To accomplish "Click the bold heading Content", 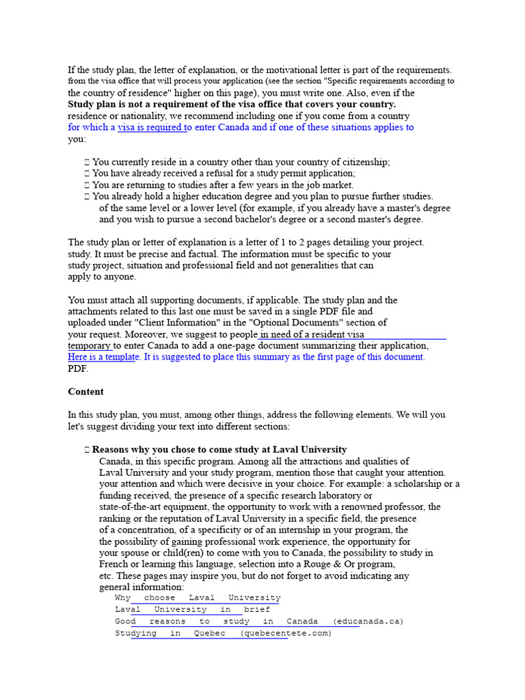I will [86, 392].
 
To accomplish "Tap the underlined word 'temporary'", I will [89, 346].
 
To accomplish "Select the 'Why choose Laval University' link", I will [198, 598].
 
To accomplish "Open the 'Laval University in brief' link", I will [192, 610].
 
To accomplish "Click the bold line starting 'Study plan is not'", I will [232, 105].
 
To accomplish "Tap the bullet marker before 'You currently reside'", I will [87, 163].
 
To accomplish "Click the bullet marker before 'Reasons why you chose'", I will [87, 450].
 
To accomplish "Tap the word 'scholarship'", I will [418, 484].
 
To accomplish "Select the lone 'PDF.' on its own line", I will [78, 368].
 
